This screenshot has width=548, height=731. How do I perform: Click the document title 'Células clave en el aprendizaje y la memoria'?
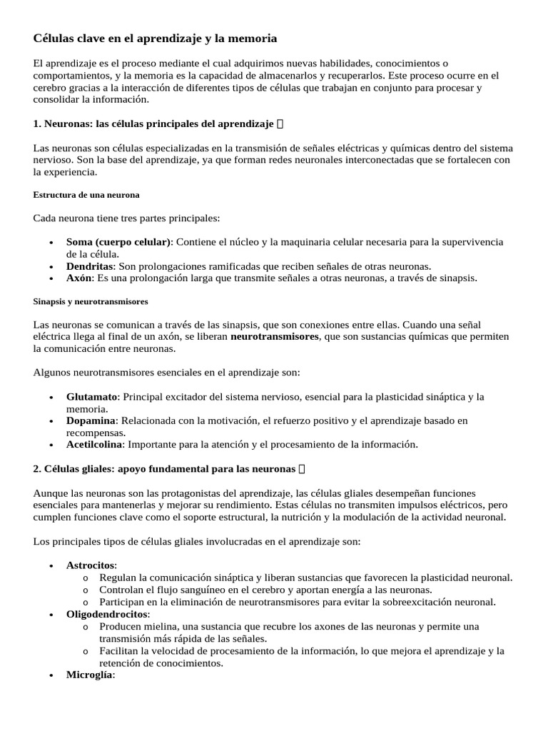coord(155,38)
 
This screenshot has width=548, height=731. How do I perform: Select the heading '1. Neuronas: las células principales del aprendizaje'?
coord(153,124)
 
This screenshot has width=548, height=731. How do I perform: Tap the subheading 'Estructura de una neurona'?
coord(86,194)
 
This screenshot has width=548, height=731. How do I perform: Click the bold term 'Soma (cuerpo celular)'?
coord(118,242)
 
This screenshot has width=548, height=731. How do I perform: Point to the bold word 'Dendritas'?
coord(90,266)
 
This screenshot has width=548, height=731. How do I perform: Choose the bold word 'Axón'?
coord(78,278)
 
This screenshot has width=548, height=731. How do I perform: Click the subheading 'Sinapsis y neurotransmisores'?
coord(91,301)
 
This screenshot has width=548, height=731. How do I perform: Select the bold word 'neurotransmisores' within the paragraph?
coord(275,336)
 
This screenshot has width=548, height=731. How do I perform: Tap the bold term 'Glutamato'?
coord(91,397)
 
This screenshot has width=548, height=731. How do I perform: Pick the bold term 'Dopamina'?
coord(90,420)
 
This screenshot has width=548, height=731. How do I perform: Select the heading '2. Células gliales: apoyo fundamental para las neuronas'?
coord(164,469)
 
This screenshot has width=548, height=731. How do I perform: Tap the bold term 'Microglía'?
coord(90,675)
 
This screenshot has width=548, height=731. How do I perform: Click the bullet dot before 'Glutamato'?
coord(51,397)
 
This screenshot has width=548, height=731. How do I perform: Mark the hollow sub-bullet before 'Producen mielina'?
coord(86,627)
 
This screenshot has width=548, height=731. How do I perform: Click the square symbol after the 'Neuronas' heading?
coord(280,124)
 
